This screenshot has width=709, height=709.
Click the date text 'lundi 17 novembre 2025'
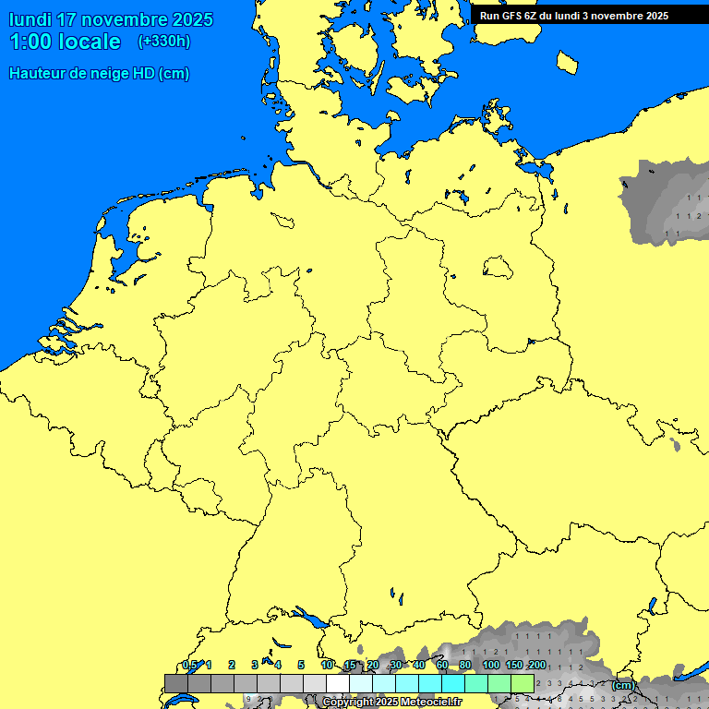click(111, 19)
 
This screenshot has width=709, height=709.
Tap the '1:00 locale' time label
click(65, 42)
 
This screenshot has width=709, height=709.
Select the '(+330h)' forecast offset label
click(164, 42)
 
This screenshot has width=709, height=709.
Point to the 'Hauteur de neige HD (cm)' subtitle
click(99, 74)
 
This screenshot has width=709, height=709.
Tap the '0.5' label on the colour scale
click(190, 665)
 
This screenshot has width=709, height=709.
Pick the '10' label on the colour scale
click(327, 665)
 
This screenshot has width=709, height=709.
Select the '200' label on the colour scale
click(536, 665)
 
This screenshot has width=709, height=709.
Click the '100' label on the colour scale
click(491, 665)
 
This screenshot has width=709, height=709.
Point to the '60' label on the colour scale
click(442, 665)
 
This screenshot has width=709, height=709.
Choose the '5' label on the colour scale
click(301, 665)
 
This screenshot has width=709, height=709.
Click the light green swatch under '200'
click(523, 683)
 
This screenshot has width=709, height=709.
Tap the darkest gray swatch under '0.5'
click(175, 683)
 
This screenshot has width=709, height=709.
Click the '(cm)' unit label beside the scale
click(623, 685)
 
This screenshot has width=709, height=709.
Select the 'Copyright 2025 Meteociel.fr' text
click(391, 703)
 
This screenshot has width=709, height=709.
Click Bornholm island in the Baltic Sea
click(568, 62)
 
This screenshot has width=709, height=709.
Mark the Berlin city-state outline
click(498, 268)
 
